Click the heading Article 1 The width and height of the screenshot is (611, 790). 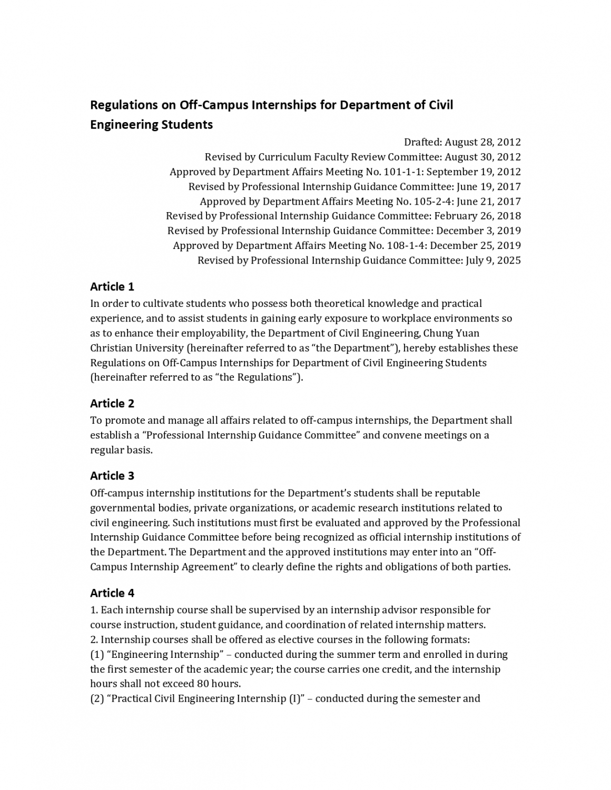pos(112,287)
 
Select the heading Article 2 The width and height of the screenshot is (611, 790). pos(112,404)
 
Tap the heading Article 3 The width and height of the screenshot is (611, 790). pos(112,476)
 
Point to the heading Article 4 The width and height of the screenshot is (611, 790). pos(112,593)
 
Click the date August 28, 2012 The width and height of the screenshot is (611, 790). pos(483,142)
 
